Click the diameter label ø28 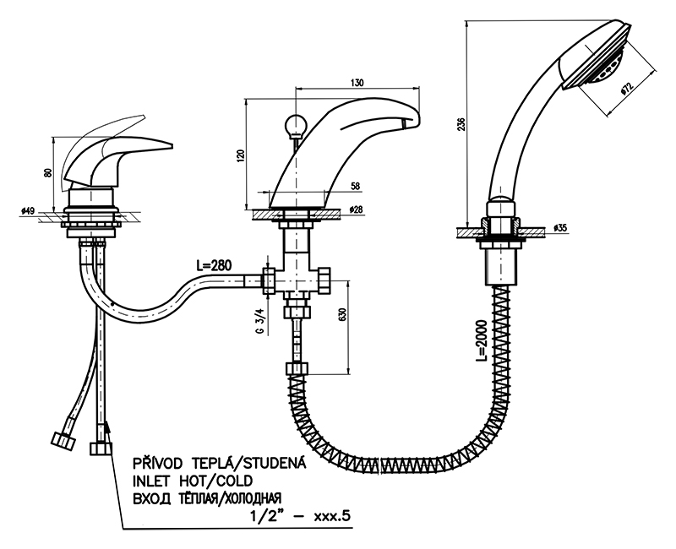pos(357,209)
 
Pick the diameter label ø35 pos(561,228)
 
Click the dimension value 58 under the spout pos(354,186)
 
